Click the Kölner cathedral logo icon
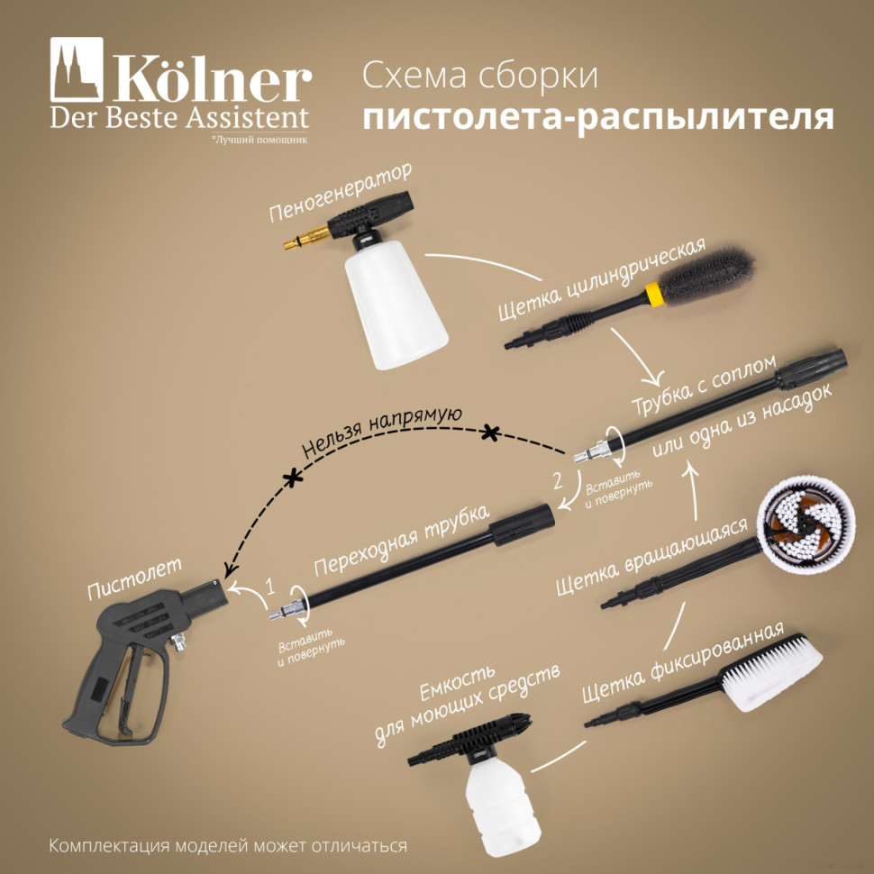pos(77,69)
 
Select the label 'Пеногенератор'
pos(340,194)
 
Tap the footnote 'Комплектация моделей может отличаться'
pos(228,847)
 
